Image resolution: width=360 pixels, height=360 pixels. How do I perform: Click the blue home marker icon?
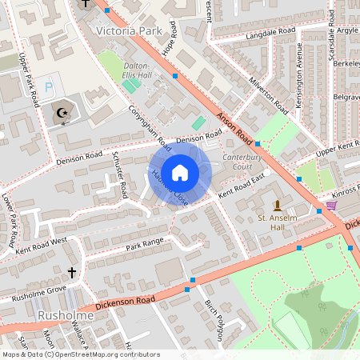coord(180,173)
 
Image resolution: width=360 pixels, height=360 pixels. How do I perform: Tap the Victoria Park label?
coord(128,31)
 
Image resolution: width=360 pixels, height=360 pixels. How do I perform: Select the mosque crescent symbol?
coord(60,114)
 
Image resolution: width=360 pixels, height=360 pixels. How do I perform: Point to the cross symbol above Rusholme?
coord(71,273)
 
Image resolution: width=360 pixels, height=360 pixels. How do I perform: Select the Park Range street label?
coord(144,242)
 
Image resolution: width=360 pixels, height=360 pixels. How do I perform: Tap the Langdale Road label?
coord(250,33)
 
